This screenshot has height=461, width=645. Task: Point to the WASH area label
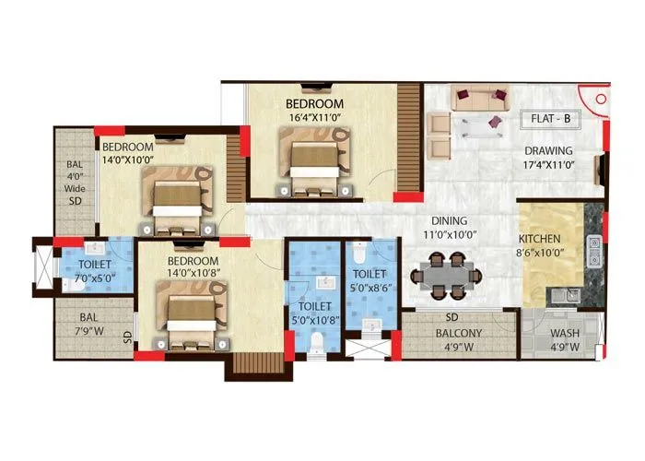(x=564, y=334)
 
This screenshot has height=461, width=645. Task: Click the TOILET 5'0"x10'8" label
(x=314, y=314)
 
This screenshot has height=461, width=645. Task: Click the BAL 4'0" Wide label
(x=74, y=182)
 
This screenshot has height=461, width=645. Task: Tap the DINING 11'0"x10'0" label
(x=448, y=228)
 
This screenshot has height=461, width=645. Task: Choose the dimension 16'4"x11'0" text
(x=314, y=118)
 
